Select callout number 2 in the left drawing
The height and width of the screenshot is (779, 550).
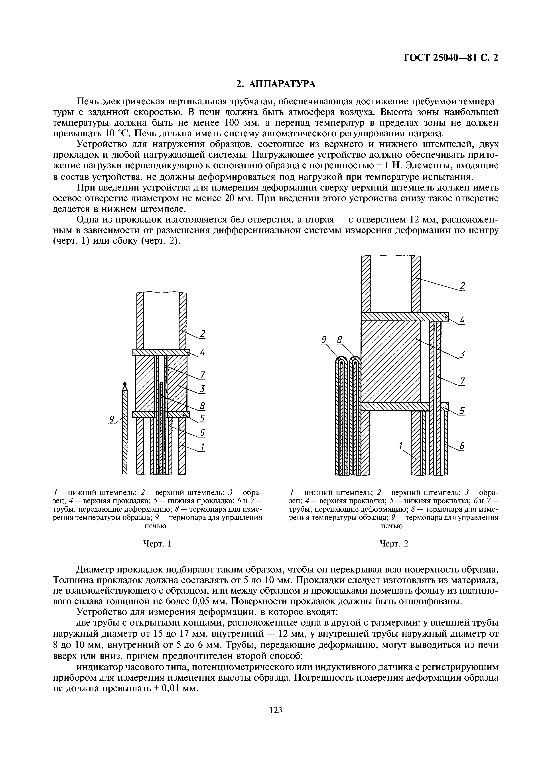(x=202, y=334)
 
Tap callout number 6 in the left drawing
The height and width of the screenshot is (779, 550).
(x=202, y=433)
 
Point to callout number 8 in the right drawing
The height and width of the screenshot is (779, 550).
(x=339, y=340)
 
